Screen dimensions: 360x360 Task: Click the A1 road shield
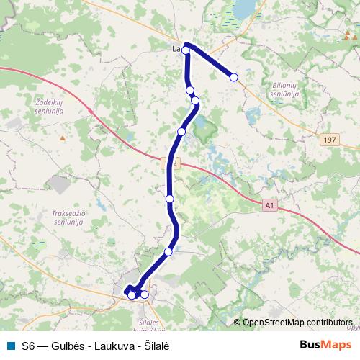pos(270,205)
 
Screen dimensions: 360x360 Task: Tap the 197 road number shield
pos(330,140)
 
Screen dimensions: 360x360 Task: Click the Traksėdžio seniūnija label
pos(68,217)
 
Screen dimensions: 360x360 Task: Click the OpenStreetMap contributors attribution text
pos(298,322)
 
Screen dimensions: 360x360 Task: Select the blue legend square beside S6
pos(9,345)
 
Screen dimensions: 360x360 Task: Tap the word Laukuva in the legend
pos(111,345)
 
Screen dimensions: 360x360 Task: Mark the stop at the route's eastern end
pos(234,77)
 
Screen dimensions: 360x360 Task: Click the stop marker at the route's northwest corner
pos(186,50)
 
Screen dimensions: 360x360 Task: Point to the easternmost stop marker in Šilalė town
pos(145,294)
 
